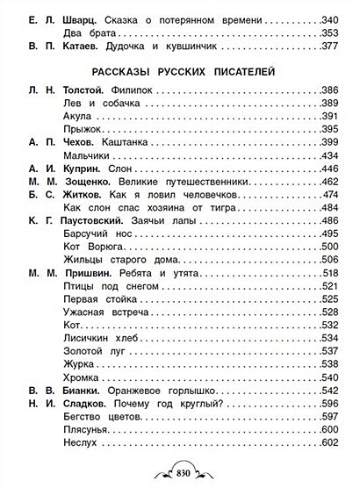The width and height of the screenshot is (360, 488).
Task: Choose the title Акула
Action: coord(82,115)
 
